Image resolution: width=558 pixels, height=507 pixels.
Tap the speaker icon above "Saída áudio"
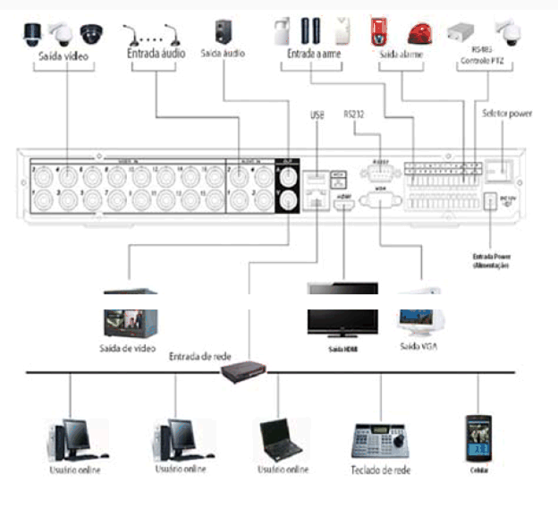(x=223, y=31)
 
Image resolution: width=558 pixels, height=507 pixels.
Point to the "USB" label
(x=317, y=114)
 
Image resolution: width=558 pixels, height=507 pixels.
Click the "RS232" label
(x=355, y=114)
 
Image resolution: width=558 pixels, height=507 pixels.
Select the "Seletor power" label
(x=506, y=114)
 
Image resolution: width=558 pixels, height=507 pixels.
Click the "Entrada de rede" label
(x=199, y=356)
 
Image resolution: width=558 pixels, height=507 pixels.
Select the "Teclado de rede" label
(x=382, y=469)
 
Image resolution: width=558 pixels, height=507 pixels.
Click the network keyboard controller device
(x=380, y=438)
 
